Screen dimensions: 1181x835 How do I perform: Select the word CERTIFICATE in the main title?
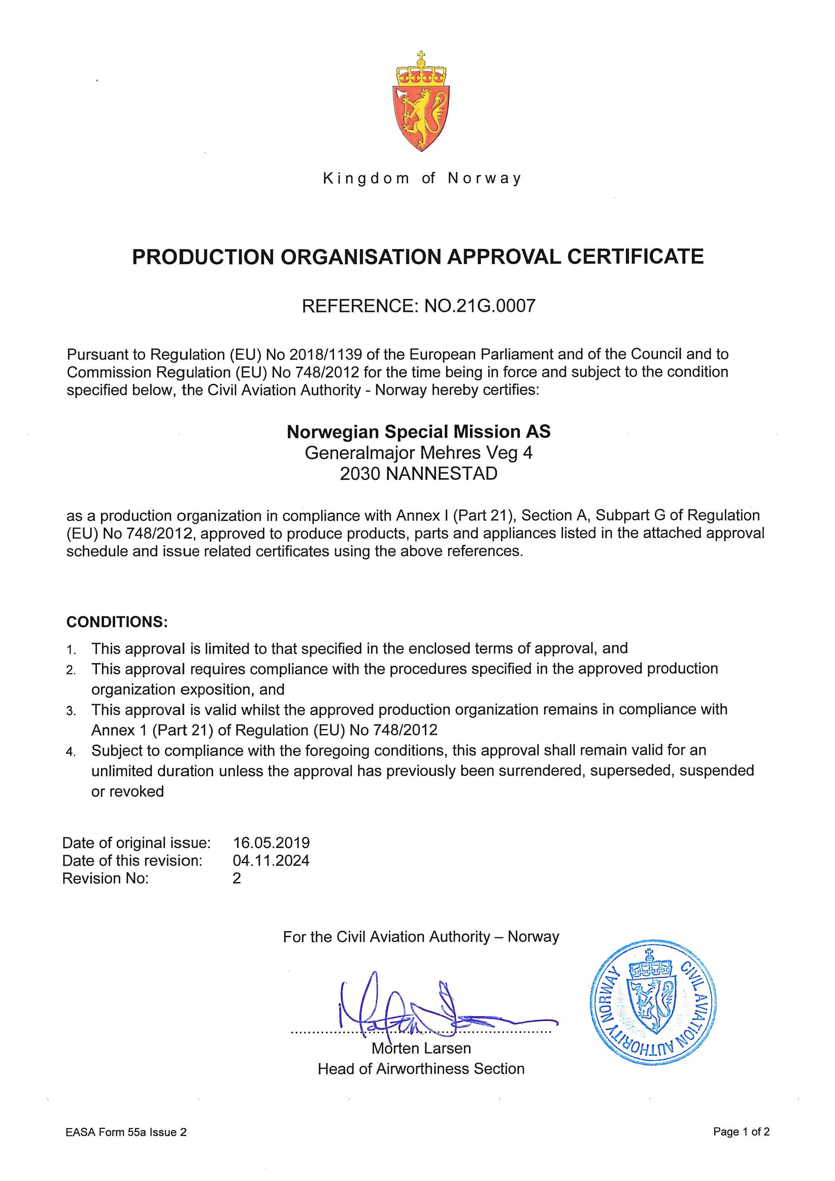[x=635, y=257]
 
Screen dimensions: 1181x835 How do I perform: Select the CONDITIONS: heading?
[x=117, y=622]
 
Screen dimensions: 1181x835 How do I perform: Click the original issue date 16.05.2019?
[x=271, y=843]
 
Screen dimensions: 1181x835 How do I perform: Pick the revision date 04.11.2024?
[x=271, y=860]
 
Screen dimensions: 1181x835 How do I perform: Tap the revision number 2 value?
[x=236, y=878]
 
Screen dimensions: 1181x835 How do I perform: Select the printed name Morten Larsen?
[x=421, y=1048]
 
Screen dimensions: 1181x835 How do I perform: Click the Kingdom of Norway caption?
[x=421, y=178]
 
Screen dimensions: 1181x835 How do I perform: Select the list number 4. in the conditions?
[x=71, y=752]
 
